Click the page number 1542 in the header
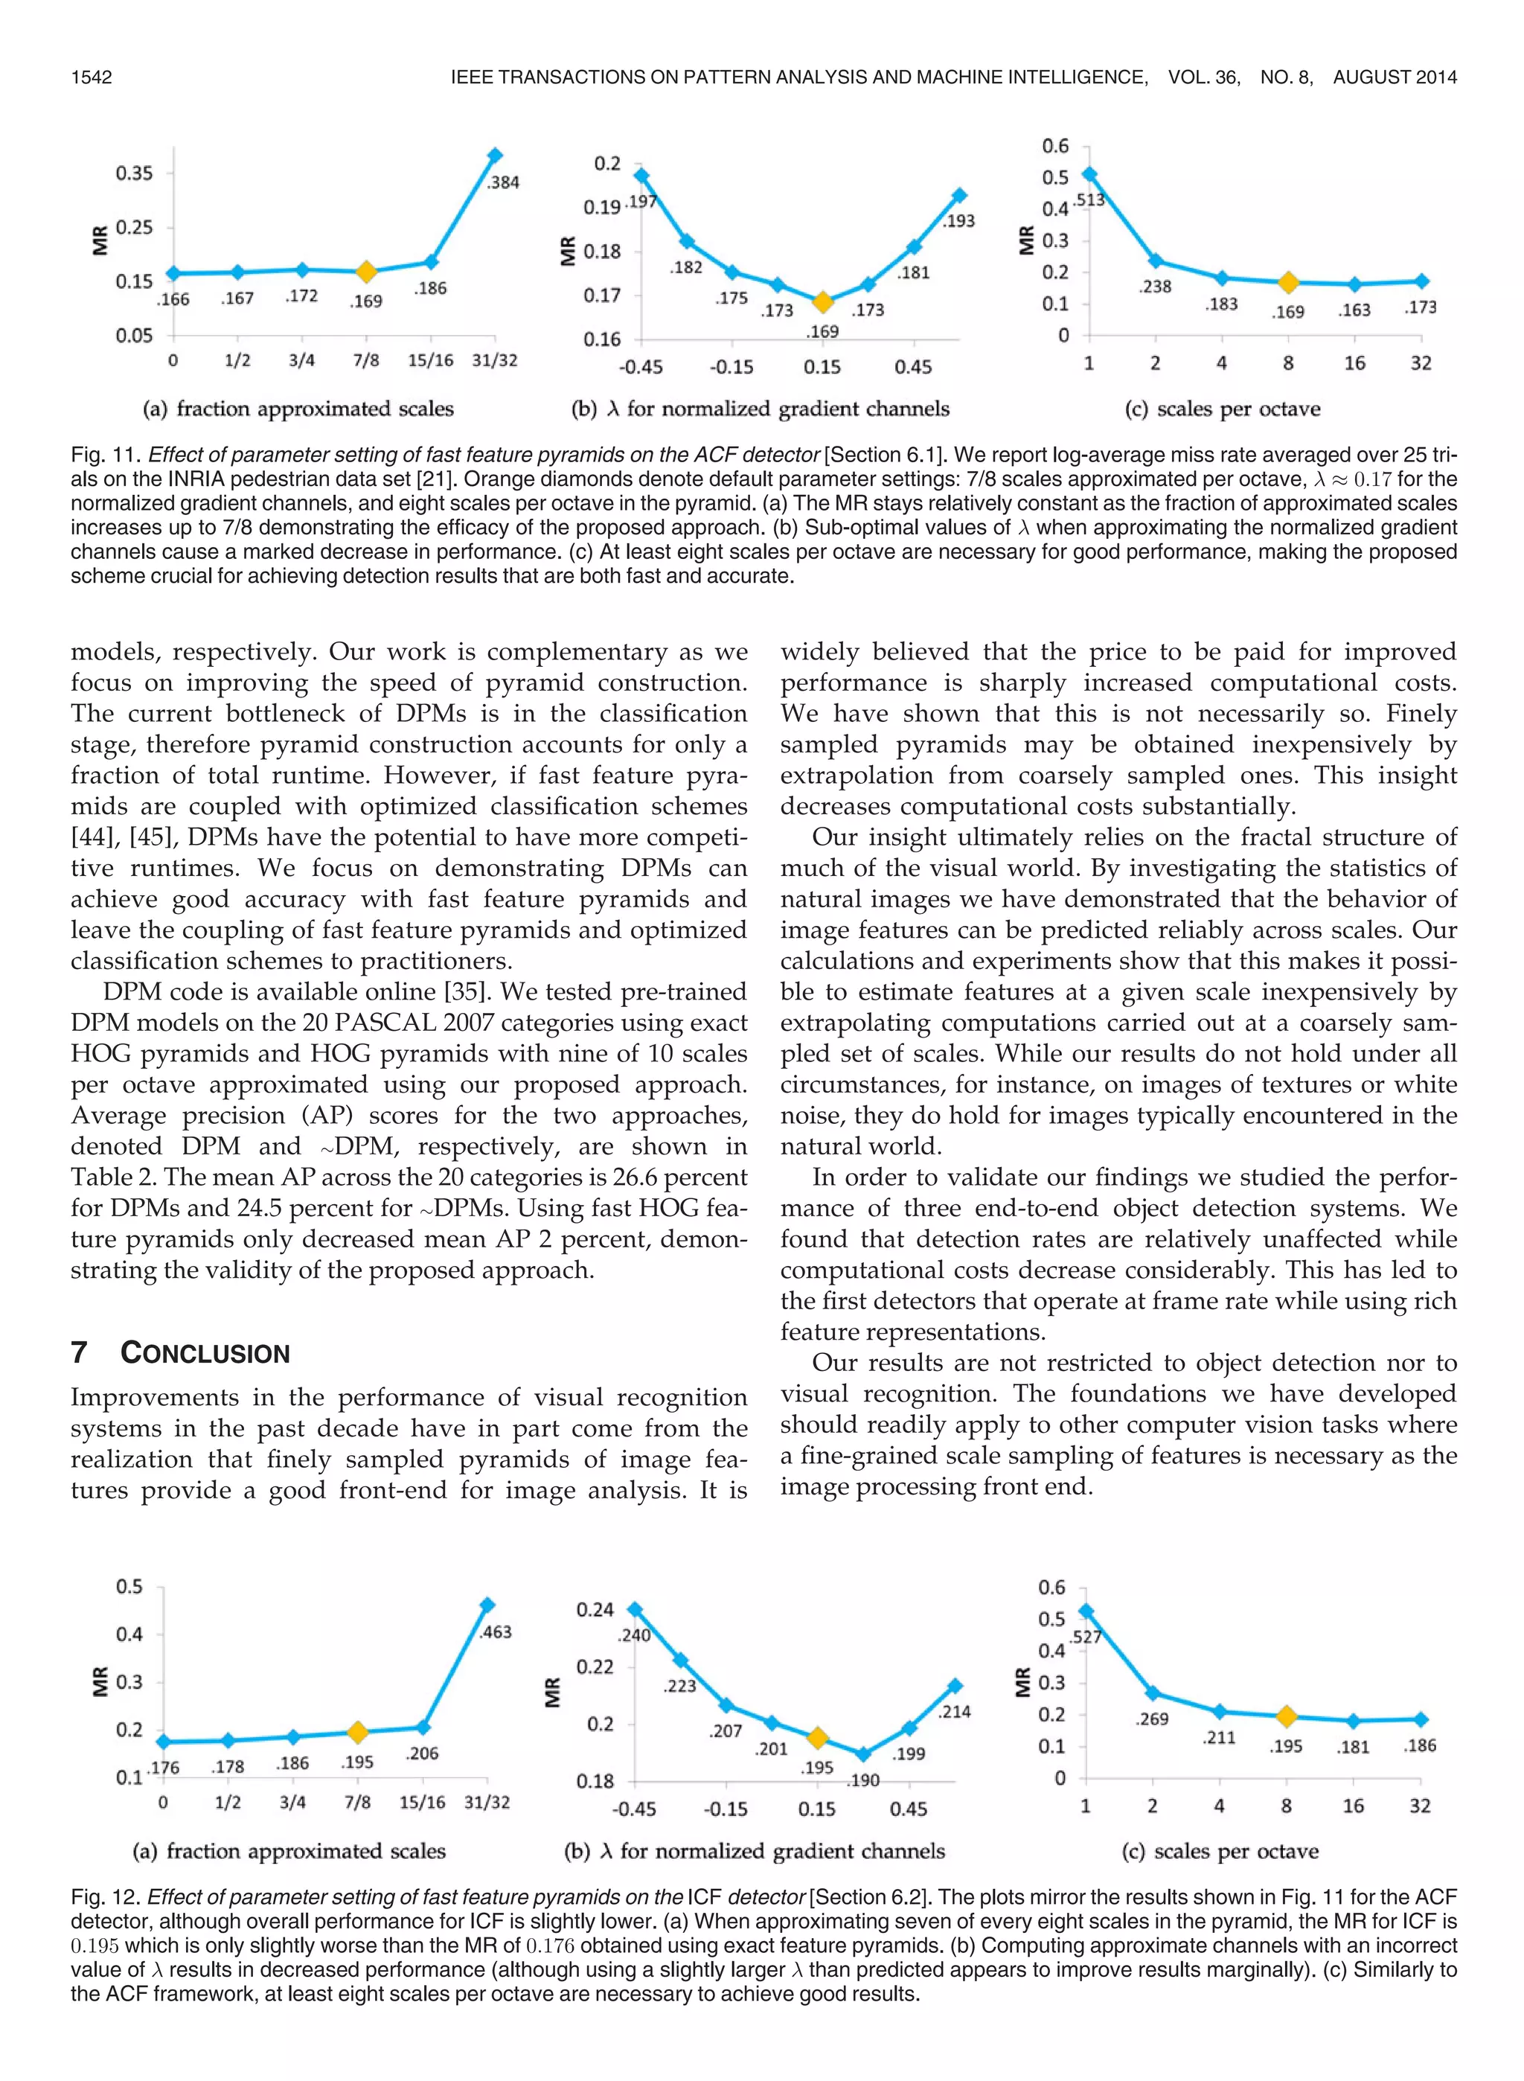click(x=92, y=77)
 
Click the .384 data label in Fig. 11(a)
click(x=503, y=182)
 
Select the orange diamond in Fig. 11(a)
click(x=365, y=271)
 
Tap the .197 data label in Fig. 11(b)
click(x=640, y=202)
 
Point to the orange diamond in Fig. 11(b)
click(x=822, y=301)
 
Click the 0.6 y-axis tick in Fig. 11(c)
click(x=1054, y=146)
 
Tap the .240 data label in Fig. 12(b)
click(x=634, y=1635)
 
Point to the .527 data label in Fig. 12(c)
click(x=1086, y=1637)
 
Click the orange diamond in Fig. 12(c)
click(x=1286, y=1716)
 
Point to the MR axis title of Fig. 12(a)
click(x=100, y=1681)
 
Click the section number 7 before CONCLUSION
click(x=80, y=1353)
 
